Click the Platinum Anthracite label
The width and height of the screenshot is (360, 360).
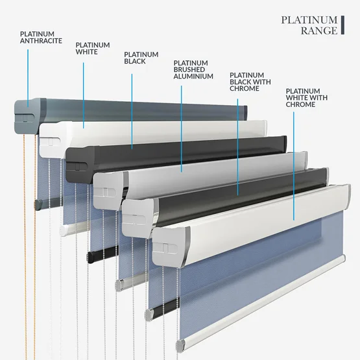(41, 38)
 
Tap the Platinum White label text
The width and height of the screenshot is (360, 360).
(93, 49)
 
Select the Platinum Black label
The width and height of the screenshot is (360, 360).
(141, 58)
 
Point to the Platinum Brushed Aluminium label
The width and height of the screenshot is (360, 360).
(193, 70)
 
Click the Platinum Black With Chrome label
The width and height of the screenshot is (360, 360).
(250, 82)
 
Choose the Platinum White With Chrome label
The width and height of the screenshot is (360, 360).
(307, 98)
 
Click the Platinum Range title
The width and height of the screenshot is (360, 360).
(309, 25)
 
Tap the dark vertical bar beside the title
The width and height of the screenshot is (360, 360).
(342, 25)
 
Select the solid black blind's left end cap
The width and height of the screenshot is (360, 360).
(80, 165)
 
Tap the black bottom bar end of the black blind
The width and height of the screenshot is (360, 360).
(91, 257)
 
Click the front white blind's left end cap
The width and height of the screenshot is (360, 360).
(171, 247)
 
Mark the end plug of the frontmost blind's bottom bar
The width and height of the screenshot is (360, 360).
(181, 346)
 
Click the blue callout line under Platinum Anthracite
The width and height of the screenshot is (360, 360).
(28, 78)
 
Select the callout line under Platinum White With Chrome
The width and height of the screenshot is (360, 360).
(294, 166)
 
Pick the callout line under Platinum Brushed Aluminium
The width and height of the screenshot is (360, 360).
(182, 129)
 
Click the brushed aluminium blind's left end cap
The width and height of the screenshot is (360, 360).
(110, 191)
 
